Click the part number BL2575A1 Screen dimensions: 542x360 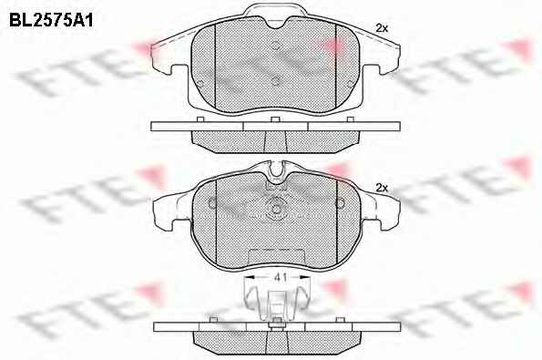coord(51,21)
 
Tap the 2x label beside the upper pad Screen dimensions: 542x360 coord(382,28)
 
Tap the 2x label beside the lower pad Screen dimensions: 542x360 coord(382,188)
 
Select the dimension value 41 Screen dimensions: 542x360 coord(281,277)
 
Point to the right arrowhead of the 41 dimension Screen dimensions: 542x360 coord(305,277)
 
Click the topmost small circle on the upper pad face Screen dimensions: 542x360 coord(275,46)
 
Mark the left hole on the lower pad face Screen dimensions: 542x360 coord(212,203)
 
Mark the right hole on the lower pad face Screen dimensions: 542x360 coord(340,203)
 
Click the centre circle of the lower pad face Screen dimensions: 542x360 coord(276,210)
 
